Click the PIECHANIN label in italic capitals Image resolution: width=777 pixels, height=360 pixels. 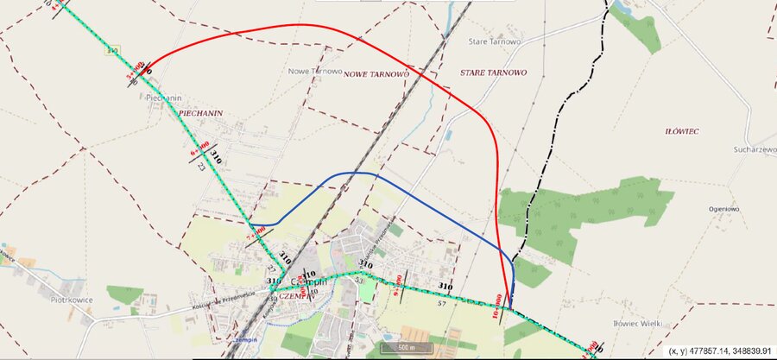[x=201, y=113]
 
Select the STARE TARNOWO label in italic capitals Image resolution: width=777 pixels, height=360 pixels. [x=493, y=73]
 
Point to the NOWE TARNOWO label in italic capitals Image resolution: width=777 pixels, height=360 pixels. [x=376, y=75]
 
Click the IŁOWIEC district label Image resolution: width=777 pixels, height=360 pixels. [x=682, y=131]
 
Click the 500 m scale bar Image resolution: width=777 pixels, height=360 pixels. [x=406, y=347]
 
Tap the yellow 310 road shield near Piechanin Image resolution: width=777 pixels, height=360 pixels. [x=111, y=52]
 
